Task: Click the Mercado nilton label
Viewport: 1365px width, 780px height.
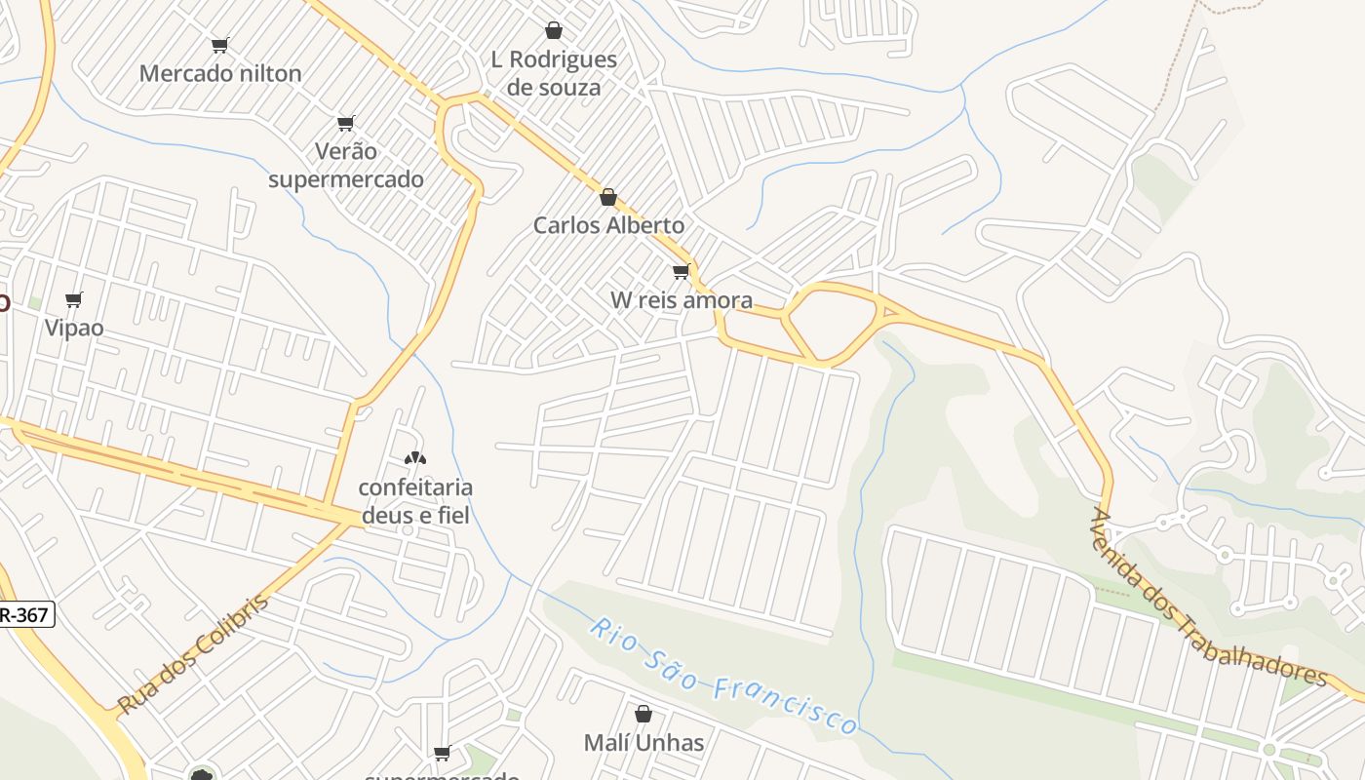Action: click(x=220, y=73)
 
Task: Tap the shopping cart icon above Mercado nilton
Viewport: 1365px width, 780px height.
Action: click(x=220, y=45)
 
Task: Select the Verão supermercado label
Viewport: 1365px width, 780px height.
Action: click(x=346, y=165)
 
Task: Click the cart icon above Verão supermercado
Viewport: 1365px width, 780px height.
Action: click(x=346, y=123)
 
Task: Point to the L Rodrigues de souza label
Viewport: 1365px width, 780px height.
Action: click(x=554, y=73)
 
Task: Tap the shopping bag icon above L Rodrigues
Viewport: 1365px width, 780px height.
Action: click(x=554, y=30)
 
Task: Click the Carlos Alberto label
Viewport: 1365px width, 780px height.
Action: click(x=608, y=225)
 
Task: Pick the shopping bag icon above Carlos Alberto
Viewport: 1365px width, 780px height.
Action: click(x=608, y=197)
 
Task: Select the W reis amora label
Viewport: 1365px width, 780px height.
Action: click(x=682, y=299)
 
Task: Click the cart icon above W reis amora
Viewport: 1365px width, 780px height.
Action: click(x=681, y=271)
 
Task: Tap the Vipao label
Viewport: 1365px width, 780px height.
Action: click(x=74, y=328)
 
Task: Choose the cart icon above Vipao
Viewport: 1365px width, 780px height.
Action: click(x=74, y=299)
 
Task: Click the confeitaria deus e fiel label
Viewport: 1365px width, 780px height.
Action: click(x=415, y=500)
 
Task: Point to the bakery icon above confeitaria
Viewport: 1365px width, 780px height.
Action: click(x=415, y=457)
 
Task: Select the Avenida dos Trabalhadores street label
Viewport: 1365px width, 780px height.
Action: click(x=1209, y=597)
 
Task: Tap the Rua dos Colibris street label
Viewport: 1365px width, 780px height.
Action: click(x=192, y=654)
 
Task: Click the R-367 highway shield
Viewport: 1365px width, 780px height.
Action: click(x=24, y=614)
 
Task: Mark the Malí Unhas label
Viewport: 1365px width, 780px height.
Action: click(x=643, y=743)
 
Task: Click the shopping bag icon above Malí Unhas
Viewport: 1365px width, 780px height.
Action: click(x=643, y=714)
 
